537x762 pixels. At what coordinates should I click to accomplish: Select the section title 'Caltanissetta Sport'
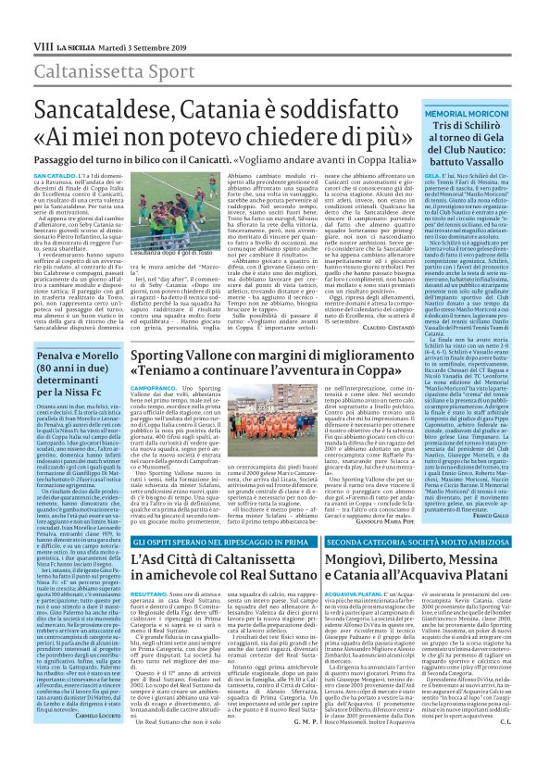(x=87, y=44)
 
